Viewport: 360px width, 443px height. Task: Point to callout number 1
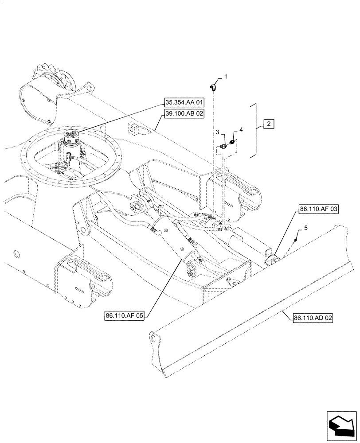225,77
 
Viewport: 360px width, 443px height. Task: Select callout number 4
241,129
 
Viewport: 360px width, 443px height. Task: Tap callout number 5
305,229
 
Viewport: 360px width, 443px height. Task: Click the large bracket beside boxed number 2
255,130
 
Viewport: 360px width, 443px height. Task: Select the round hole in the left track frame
16,254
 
